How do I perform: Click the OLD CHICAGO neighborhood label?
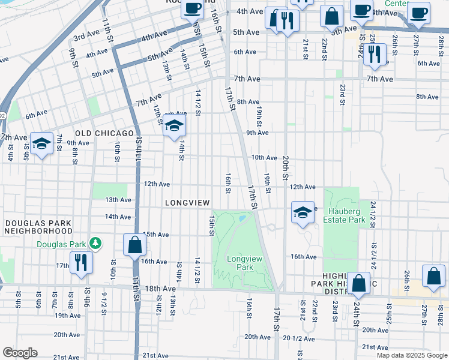coord(104,133)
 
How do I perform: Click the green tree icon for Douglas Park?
coord(94,244)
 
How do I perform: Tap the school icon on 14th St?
coord(174,126)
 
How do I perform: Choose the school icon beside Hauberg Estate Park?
coord(303,212)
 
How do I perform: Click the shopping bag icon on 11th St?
coord(134,245)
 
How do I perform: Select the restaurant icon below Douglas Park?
coord(81,263)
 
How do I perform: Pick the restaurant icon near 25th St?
coord(375,54)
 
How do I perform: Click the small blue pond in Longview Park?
coord(242,218)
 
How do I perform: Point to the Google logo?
coord(20,353)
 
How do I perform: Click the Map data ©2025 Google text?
coord(412,355)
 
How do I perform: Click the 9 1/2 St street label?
coord(104,298)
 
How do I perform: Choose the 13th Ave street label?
coord(118,200)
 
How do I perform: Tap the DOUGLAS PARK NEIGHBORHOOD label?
coord(38,226)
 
